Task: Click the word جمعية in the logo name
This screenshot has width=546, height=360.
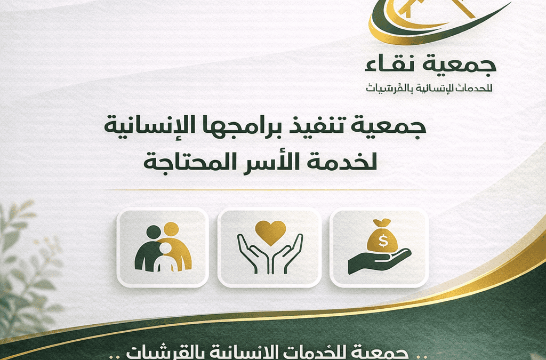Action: click(x=469, y=64)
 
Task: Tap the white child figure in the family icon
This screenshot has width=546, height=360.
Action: click(x=166, y=258)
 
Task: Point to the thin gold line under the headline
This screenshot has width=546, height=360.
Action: click(x=273, y=189)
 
